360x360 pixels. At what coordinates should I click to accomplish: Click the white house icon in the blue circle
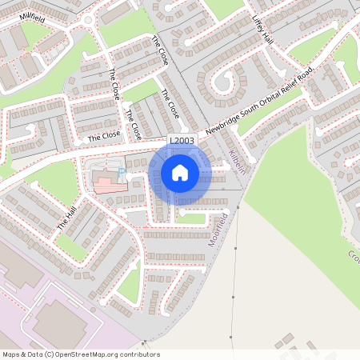pyautogui.click(x=180, y=172)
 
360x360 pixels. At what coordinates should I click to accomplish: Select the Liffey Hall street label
pyautogui.click(x=262, y=30)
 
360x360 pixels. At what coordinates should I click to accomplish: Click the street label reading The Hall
pyautogui.click(x=67, y=218)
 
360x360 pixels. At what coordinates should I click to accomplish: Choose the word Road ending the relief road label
pyautogui.click(x=307, y=78)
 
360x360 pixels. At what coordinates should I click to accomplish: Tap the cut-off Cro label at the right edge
pyautogui.click(x=353, y=255)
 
